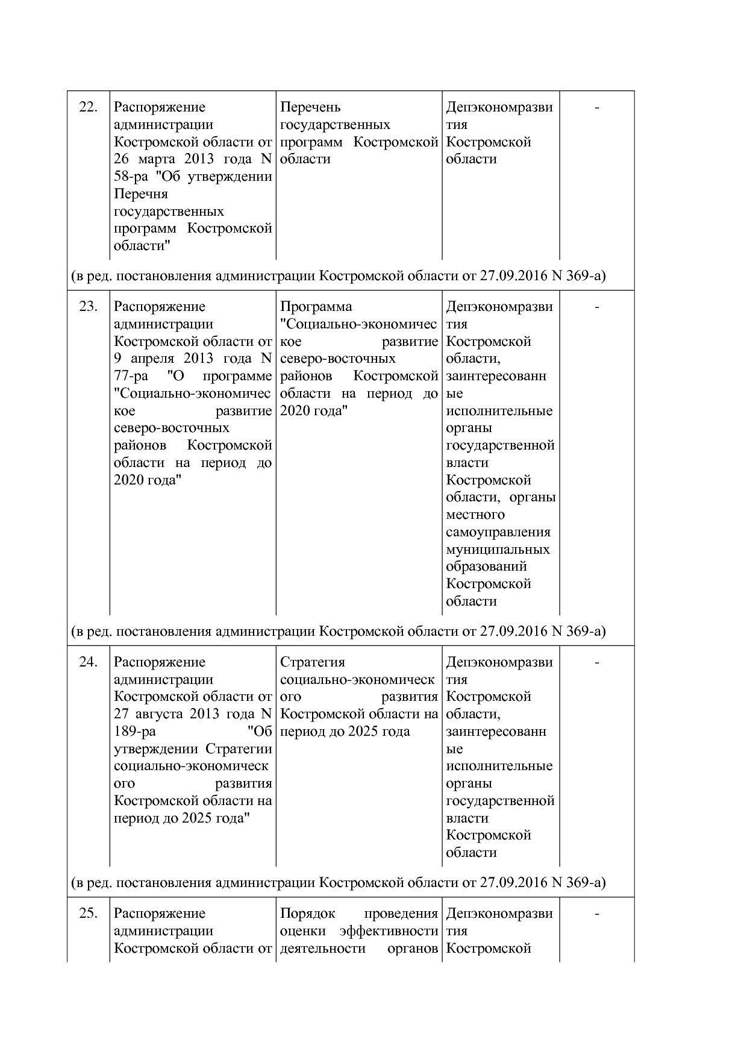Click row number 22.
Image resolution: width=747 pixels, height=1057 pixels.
click(88, 107)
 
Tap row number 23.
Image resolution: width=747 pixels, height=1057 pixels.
click(88, 307)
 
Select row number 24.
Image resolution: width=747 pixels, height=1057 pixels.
click(88, 662)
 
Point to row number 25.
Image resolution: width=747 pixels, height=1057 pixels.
click(88, 914)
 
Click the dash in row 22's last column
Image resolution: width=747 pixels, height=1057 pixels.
click(596, 108)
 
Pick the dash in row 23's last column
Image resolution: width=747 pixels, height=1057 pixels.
click(596, 307)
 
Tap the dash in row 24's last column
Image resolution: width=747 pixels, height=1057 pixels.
click(596, 663)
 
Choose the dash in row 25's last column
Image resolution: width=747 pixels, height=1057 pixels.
click(596, 914)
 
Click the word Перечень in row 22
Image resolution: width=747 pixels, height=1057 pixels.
click(310, 107)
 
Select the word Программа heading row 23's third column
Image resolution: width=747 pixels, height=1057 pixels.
click(316, 307)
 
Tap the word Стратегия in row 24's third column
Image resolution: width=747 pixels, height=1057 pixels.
click(312, 662)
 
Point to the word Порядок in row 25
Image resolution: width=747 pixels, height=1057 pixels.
click(307, 914)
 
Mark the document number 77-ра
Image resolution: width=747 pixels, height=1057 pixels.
click(131, 377)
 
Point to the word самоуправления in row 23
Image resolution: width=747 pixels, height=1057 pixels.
click(498, 532)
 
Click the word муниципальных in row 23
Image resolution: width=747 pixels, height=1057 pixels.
click(498, 550)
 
